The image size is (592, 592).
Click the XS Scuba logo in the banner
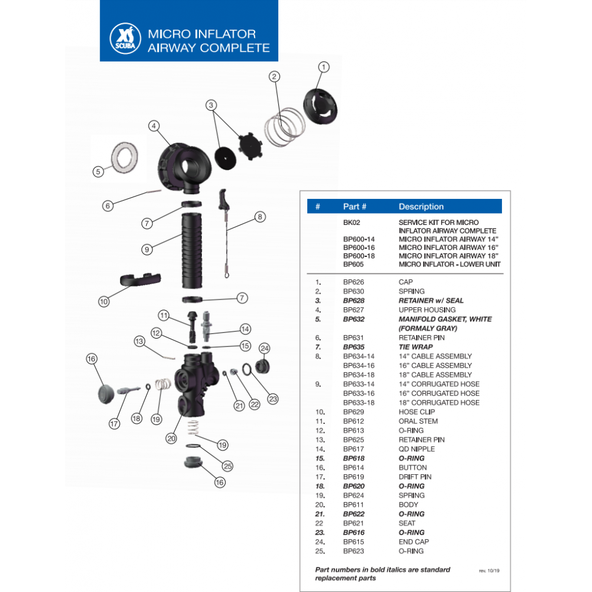coord(124,40)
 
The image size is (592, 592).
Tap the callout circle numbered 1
coord(323,67)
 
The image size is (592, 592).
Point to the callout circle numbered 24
coord(265,348)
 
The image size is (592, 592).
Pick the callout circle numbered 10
coord(104,301)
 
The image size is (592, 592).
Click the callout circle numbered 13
coord(139,341)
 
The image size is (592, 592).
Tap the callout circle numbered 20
coord(171,439)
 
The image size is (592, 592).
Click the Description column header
coord(421,207)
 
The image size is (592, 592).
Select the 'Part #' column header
coord(355,207)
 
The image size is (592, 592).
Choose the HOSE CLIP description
coord(417,411)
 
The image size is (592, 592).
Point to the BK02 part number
coord(352,221)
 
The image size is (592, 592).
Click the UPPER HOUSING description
coord(427,310)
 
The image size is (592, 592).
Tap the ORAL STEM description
coord(419,421)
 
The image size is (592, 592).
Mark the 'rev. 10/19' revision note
coord(489,571)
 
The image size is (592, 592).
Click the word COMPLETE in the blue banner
coord(235,48)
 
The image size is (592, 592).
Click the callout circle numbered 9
coord(147,249)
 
